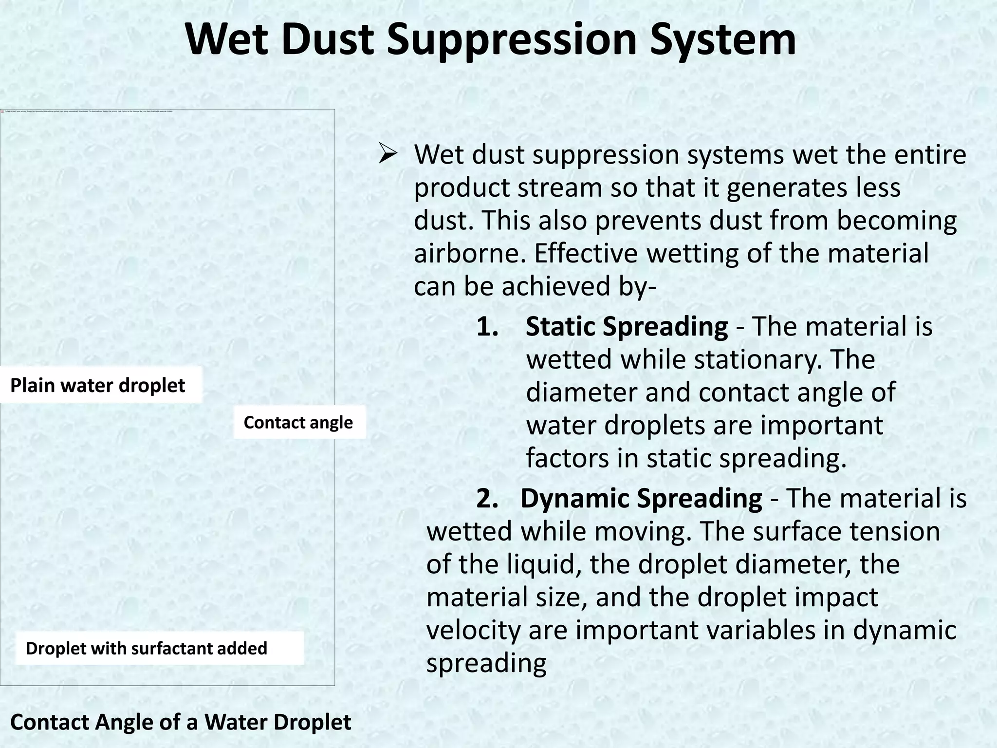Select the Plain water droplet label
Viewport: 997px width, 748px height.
97,385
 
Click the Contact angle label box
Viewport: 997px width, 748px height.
298,422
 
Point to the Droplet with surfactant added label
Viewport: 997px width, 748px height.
147,648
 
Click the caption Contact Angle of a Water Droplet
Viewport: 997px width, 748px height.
181,722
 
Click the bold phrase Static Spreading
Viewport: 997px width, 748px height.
627,326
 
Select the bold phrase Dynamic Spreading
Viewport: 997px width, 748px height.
641,498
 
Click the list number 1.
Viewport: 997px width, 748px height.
487,327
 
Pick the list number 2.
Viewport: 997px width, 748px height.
487,499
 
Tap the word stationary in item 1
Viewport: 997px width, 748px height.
752,359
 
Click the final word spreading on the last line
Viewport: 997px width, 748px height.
486,663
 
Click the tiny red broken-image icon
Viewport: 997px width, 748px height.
2,112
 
